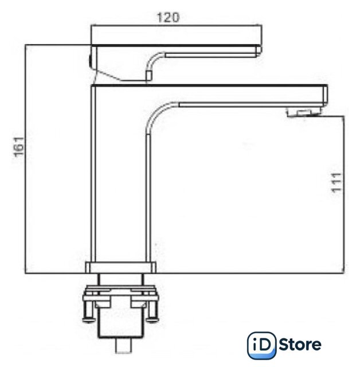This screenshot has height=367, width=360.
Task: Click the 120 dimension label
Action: coord(168,18)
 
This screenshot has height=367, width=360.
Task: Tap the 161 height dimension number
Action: coord(19,147)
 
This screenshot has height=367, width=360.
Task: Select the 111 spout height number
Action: coord(337,183)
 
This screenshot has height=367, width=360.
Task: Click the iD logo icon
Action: coord(261,345)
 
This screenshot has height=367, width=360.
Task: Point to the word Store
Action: coord(300,345)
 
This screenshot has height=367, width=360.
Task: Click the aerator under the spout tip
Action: coord(304,112)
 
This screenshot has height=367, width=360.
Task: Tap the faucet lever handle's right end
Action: coord(259,51)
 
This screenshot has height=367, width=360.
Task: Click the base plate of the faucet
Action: coord(121,268)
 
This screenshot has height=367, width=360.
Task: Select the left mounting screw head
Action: coord(89,320)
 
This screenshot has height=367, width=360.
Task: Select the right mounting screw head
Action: coord(152,319)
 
